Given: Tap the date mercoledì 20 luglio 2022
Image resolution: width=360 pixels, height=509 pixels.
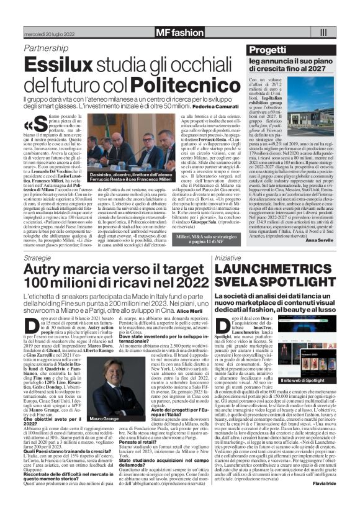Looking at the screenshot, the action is tap(49, 32).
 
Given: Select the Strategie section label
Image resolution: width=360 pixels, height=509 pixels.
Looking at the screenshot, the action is tap(38, 256).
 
